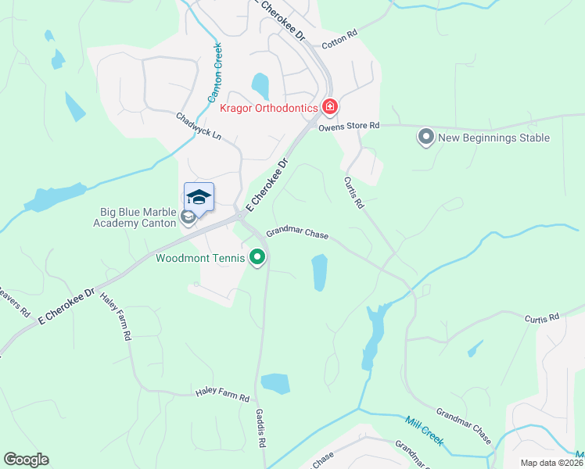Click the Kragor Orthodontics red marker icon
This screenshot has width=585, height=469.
330,106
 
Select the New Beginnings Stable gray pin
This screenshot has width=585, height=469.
426,138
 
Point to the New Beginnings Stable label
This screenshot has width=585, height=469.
493,138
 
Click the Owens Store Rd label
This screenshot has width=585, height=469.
348,126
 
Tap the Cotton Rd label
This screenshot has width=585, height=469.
339,34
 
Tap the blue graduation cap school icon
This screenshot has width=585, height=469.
199,197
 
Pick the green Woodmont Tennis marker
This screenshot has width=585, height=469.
257,257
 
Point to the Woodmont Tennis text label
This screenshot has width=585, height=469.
201,257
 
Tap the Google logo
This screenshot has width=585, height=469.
26,460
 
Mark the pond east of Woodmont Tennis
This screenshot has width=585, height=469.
319,272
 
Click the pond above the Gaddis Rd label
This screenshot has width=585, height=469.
275,383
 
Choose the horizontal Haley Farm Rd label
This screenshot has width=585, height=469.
222,397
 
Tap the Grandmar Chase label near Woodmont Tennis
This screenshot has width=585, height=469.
297,233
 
